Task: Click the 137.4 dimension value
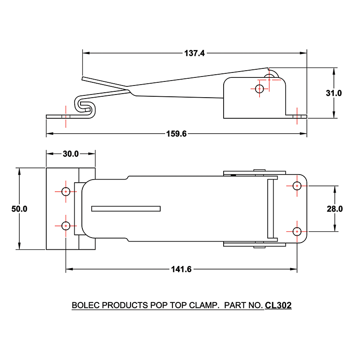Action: (x=194, y=53)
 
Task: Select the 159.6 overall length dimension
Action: (x=176, y=134)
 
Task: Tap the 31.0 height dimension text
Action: (x=334, y=93)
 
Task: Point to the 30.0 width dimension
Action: (x=71, y=154)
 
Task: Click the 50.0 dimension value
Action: (x=19, y=209)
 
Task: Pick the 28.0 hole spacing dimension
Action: (x=335, y=209)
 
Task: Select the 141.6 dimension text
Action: (x=181, y=270)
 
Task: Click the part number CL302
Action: (x=278, y=306)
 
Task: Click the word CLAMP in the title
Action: (x=202, y=306)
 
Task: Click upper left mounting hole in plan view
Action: (x=66, y=191)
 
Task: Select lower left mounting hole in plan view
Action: (x=66, y=225)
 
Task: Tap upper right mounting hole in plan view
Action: (x=297, y=186)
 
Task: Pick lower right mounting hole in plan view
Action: (x=297, y=231)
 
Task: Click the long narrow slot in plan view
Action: (x=126, y=209)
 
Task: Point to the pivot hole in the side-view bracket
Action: (x=259, y=89)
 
